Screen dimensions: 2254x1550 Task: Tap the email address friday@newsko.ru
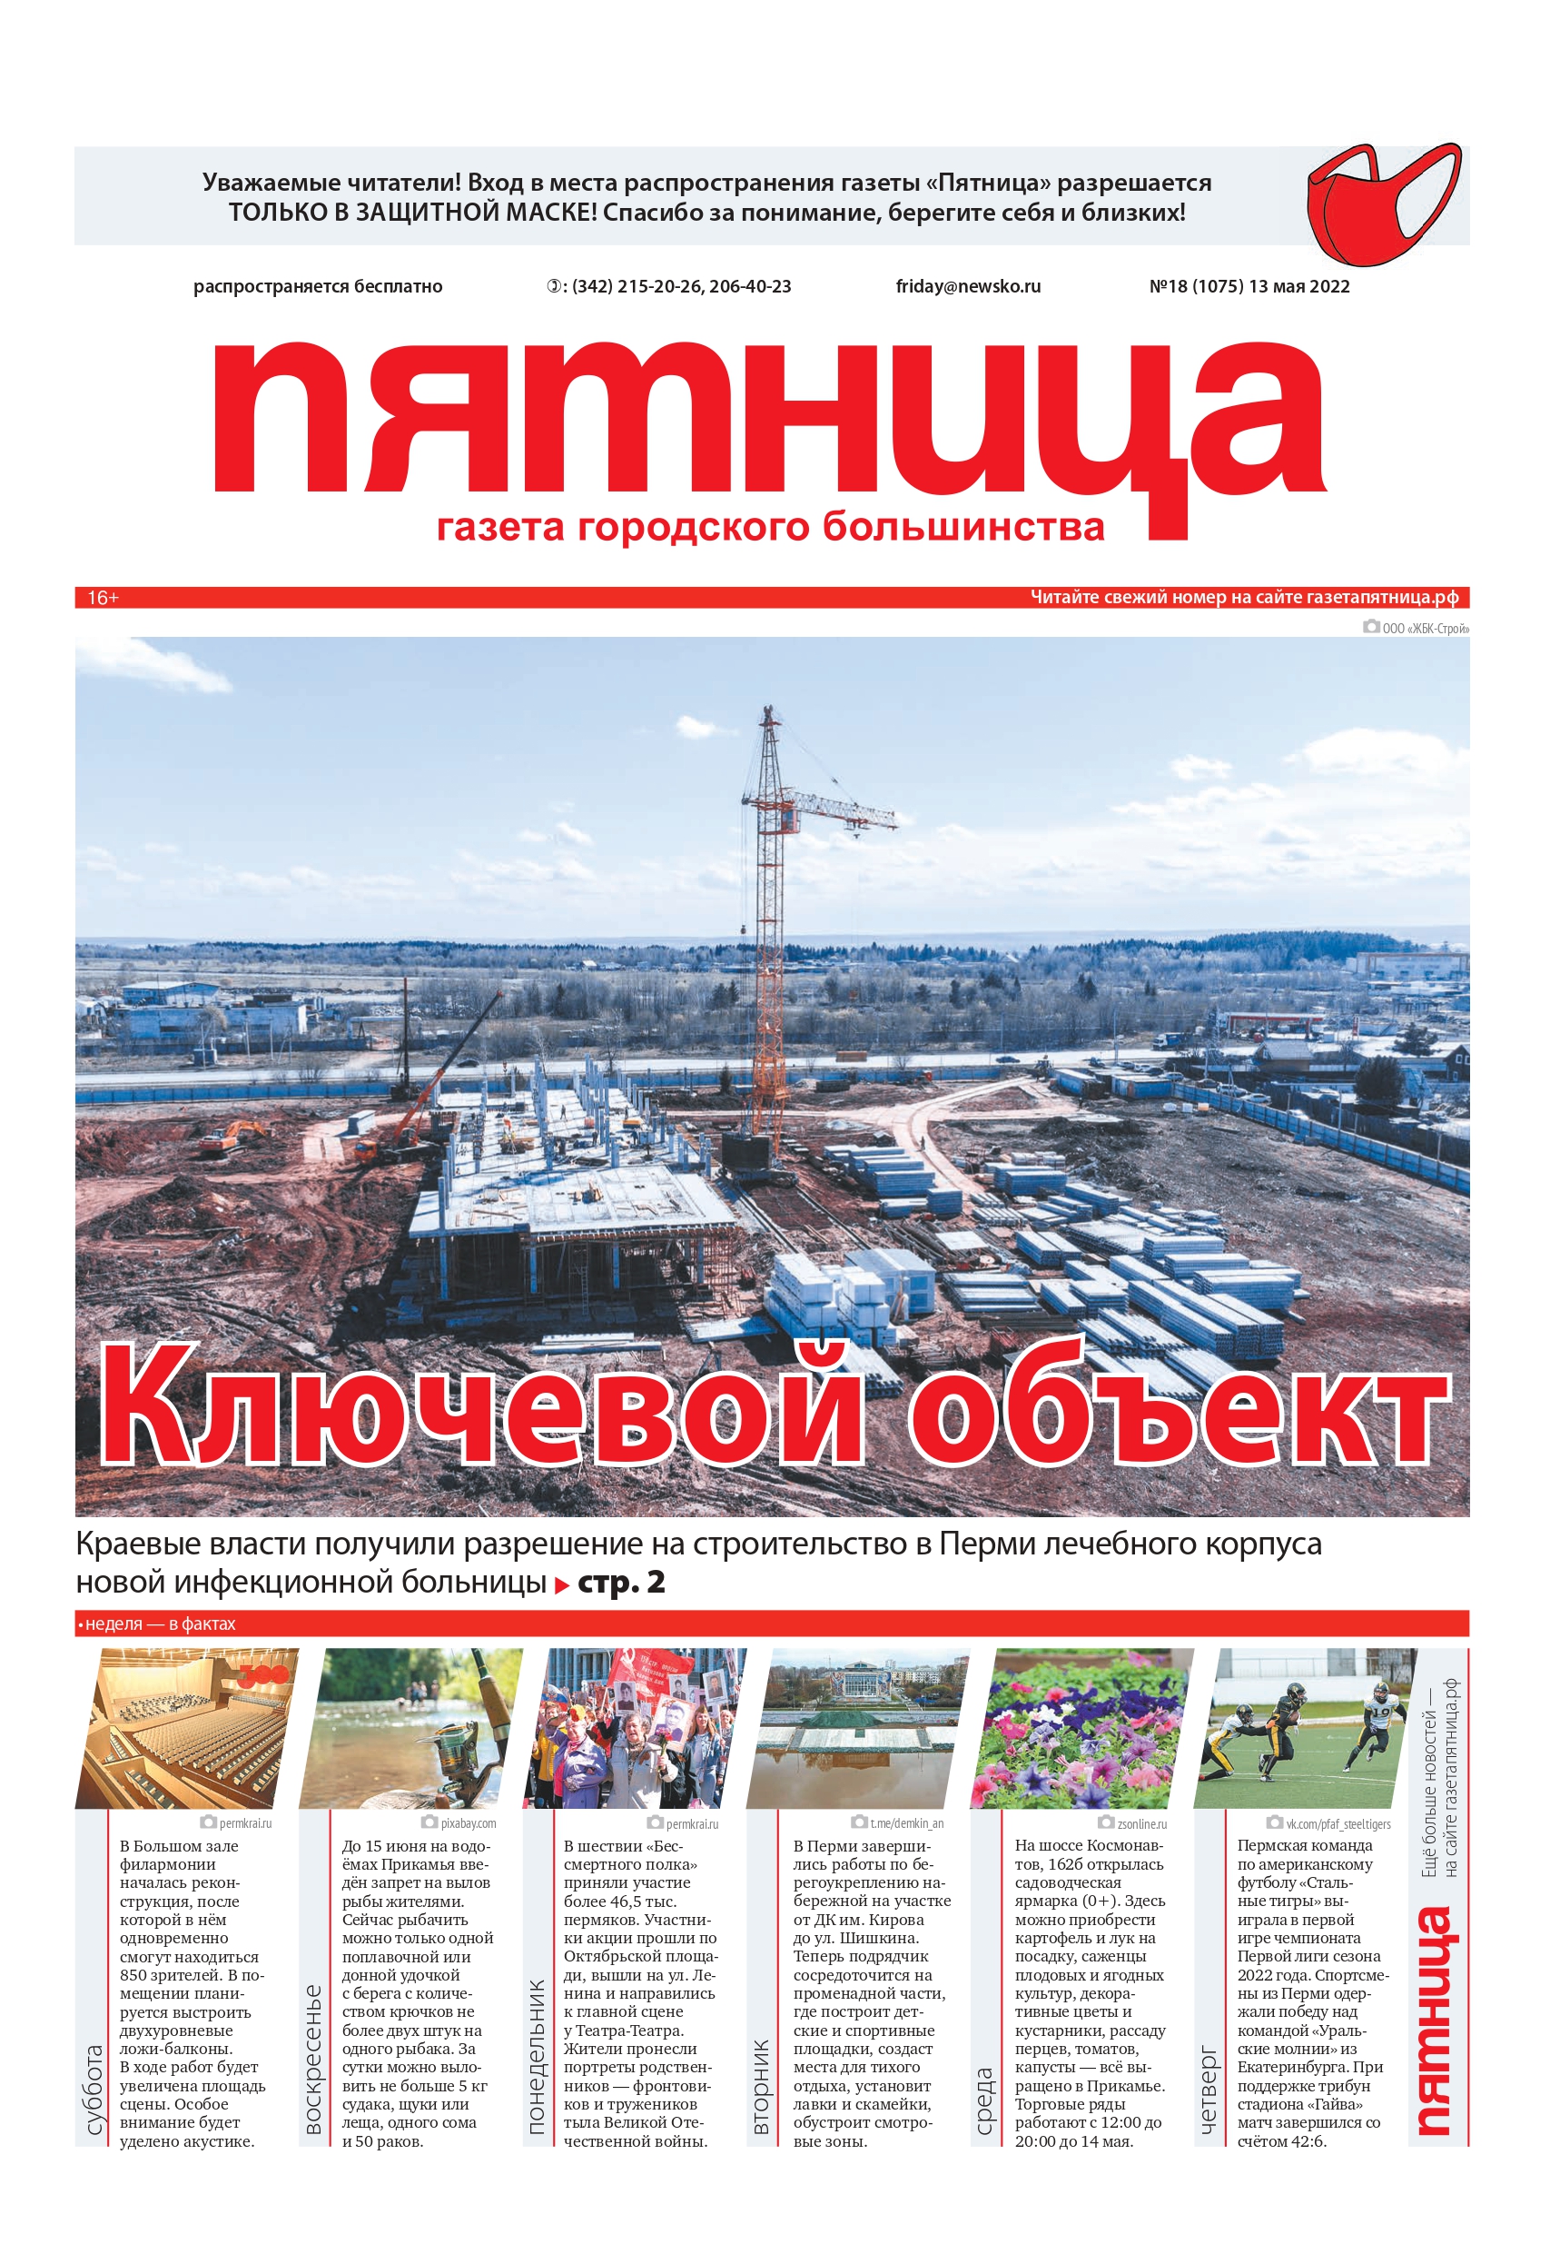tap(967, 286)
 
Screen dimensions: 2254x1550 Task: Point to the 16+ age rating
tap(103, 598)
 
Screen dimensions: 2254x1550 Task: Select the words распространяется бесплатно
tap(318, 286)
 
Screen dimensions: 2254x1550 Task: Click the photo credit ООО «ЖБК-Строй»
tap(1424, 629)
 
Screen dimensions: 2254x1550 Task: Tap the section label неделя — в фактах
tap(159, 1623)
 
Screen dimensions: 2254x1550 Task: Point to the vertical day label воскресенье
tap(312, 2059)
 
